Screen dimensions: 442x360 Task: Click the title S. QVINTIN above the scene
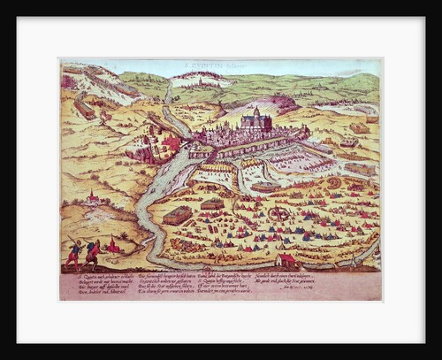pyautogui.click(x=220, y=65)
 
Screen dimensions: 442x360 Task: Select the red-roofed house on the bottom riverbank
pyautogui.click(x=286, y=260)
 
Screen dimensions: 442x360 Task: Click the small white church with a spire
pyautogui.click(x=91, y=199)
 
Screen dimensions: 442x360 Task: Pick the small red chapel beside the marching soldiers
pyautogui.click(x=112, y=247)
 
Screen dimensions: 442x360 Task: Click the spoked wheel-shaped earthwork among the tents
pyautogui.click(x=279, y=213)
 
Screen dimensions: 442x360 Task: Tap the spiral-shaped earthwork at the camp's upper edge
pyautogui.click(x=334, y=183)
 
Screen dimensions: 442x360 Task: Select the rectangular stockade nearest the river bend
pyautogui.click(x=178, y=215)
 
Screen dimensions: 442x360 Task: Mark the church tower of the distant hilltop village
pyautogui.click(x=202, y=77)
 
